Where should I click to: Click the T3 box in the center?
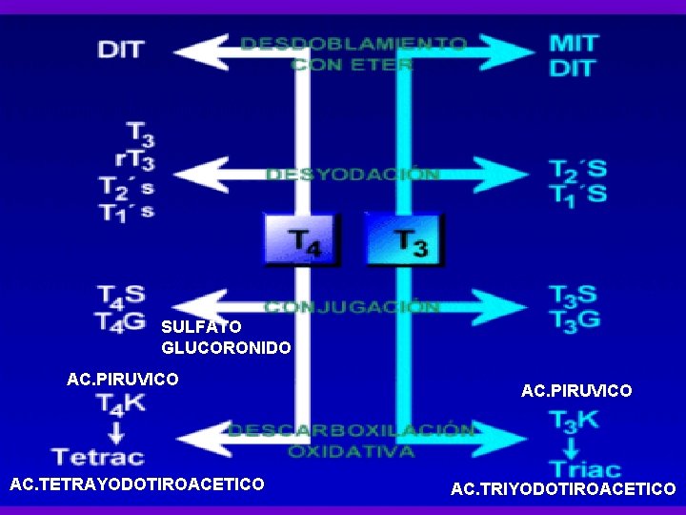pyautogui.click(x=405, y=239)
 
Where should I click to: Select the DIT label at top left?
pyautogui.click(x=121, y=48)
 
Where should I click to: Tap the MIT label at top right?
pyautogui.click(x=574, y=43)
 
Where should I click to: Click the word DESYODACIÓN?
pyautogui.click(x=353, y=175)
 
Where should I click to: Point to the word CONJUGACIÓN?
pyautogui.click(x=352, y=307)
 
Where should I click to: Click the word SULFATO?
pyautogui.click(x=201, y=326)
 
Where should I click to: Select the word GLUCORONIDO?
pyautogui.click(x=226, y=348)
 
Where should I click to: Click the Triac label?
pyautogui.click(x=584, y=468)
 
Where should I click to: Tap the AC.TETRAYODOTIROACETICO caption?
pyautogui.click(x=136, y=484)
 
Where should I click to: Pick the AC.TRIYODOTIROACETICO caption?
pyautogui.click(x=563, y=489)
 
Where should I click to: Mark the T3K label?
pyautogui.click(x=575, y=420)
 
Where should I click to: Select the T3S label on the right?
pyautogui.click(x=574, y=295)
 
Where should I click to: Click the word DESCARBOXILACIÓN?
pyautogui.click(x=351, y=430)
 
